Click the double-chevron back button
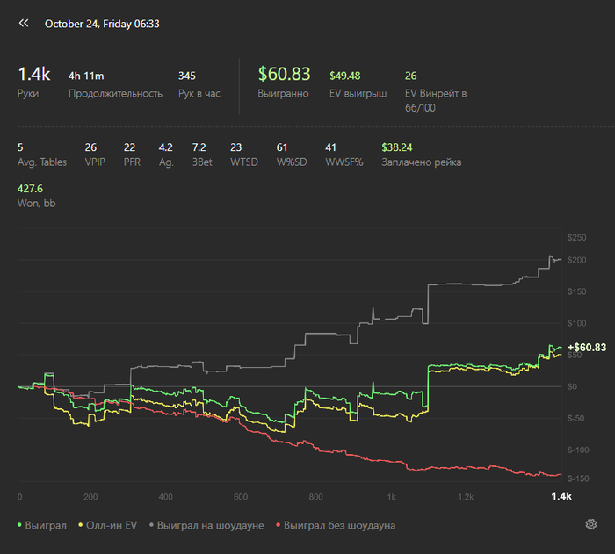coord(24,25)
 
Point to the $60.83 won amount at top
coord(284,75)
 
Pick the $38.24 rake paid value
coord(397,147)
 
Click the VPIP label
coord(95,162)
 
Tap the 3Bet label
coord(199,162)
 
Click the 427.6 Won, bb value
coord(30,189)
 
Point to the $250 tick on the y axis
coord(576,238)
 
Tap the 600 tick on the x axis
coord(241,497)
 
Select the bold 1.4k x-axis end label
coord(561,497)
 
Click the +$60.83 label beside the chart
coord(587,348)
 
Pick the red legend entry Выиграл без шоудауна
coord(338,525)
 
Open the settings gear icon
coord(591,525)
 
